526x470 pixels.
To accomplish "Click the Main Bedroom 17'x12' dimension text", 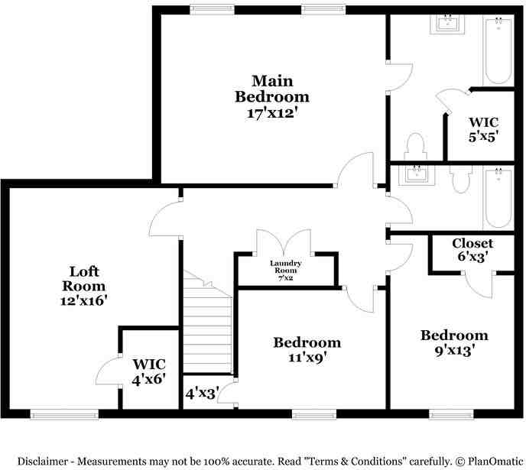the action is [272, 113].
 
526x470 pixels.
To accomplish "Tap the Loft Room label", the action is [84, 279].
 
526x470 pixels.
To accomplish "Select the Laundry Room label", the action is [285, 267].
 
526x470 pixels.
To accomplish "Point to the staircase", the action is [208, 322].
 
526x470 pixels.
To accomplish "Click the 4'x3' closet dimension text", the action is [203, 393].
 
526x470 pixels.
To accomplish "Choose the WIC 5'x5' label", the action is [482, 129].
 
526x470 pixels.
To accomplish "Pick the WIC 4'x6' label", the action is [148, 371].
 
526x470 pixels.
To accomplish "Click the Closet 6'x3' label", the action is [472, 250].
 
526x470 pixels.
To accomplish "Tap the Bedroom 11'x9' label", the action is [307, 350].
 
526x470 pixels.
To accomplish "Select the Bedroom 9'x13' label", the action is [454, 343].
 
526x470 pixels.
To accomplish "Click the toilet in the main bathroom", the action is [415, 147].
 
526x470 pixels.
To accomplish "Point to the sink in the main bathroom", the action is [447, 24].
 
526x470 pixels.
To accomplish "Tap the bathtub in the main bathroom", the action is [498, 50].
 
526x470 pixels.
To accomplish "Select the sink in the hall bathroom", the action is [417, 175].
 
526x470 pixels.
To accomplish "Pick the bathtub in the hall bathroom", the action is [498, 199].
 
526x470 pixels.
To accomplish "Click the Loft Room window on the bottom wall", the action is [64, 414].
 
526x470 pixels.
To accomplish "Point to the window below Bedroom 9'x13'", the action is [451, 414].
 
